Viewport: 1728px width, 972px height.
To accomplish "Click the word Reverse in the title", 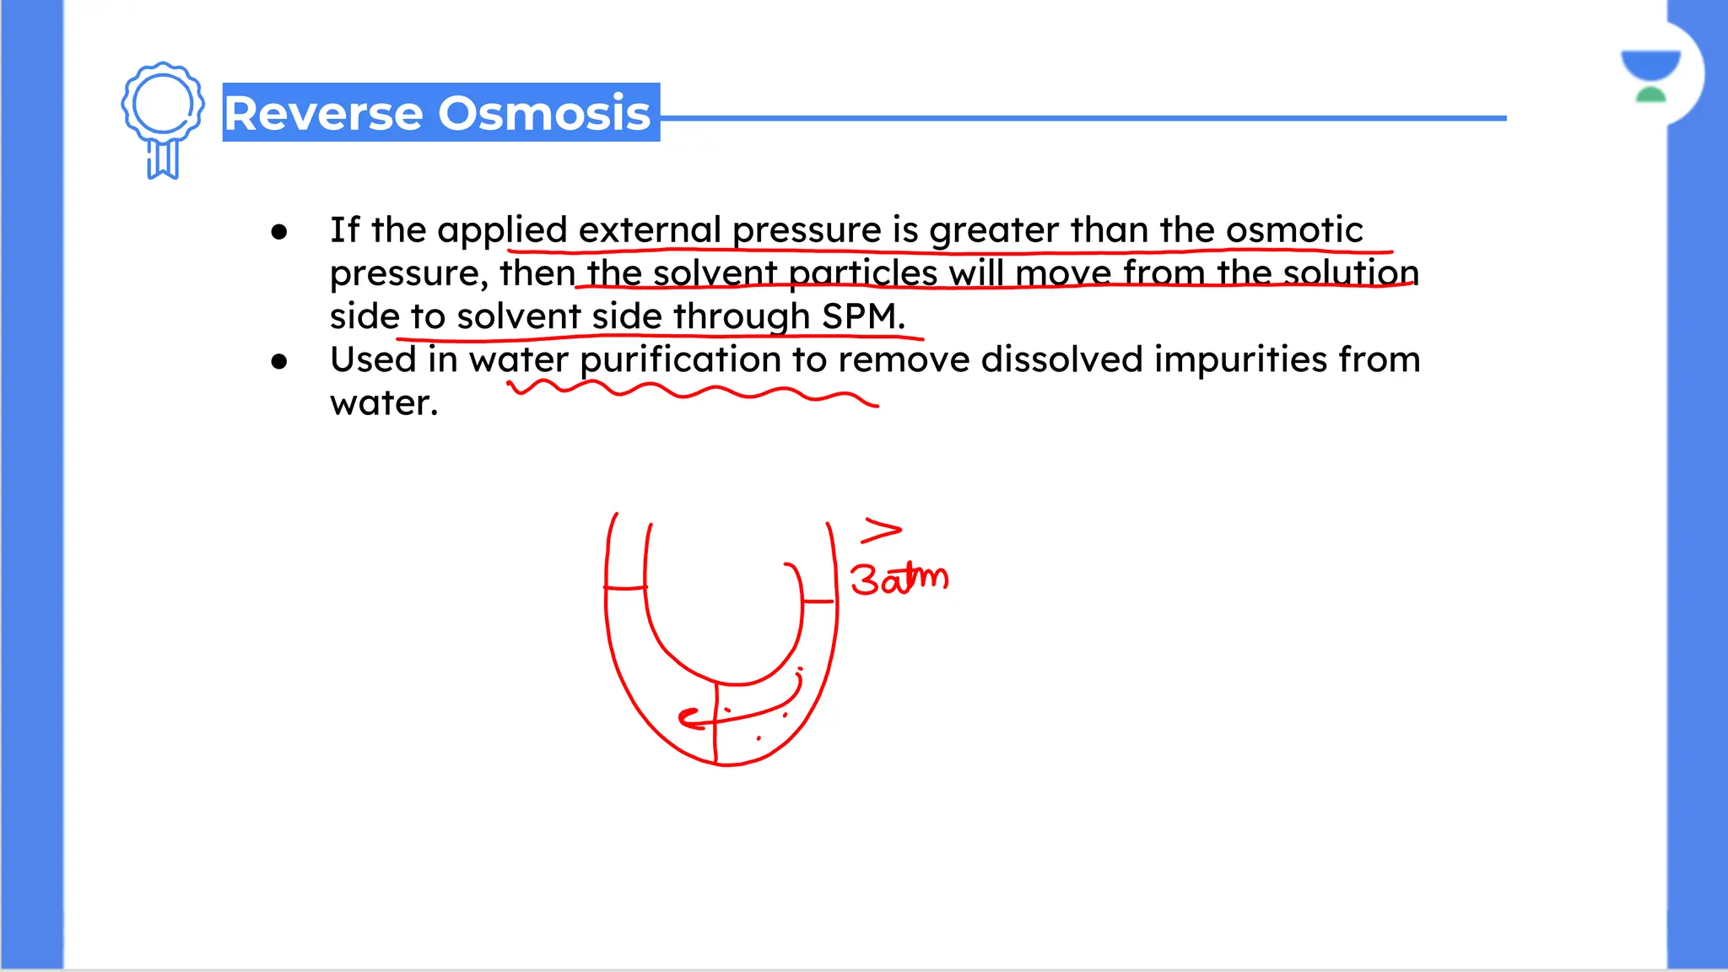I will tap(324, 113).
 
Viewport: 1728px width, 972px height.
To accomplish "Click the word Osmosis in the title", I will tap(544, 113).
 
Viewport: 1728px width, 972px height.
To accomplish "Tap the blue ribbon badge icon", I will tap(163, 119).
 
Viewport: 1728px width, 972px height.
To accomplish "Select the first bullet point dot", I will tap(279, 232).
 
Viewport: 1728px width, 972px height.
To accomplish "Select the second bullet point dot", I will tap(279, 362).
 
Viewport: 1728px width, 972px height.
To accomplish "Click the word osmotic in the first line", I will tap(1293, 230).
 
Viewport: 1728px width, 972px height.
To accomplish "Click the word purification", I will tap(680, 360).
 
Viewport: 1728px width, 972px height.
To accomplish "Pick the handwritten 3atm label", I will tap(899, 579).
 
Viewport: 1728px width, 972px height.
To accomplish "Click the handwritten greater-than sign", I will tap(881, 531).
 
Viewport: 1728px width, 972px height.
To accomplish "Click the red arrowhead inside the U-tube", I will tap(688, 718).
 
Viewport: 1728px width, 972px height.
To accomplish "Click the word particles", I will tap(862, 273).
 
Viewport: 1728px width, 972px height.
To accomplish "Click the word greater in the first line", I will tap(993, 230).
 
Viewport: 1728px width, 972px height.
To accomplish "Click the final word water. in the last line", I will tap(384, 403).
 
